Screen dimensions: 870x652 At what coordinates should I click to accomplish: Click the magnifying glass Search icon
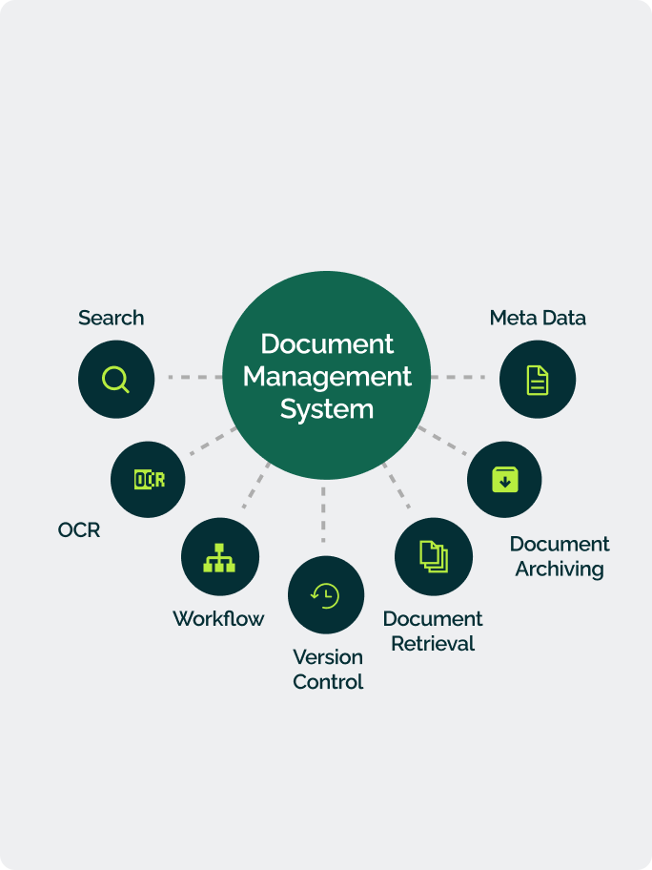coord(115,379)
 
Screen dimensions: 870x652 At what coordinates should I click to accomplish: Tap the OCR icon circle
coord(149,479)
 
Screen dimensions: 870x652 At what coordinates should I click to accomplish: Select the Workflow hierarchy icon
coord(220,557)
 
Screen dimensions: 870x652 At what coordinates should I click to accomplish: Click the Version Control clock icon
coord(326,595)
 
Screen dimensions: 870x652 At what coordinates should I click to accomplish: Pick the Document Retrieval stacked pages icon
coord(434,556)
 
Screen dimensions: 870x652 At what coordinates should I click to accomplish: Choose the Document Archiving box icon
coord(504,479)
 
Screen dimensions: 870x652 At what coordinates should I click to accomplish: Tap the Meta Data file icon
coord(538,379)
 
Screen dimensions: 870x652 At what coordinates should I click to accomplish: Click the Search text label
coord(112,318)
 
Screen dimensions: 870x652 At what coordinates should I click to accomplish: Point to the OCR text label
coord(79,529)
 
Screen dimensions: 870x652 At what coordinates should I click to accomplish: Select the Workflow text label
coord(218,618)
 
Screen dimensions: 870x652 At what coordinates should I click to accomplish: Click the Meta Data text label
coord(538,318)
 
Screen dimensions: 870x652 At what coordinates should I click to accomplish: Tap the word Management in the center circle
coord(327,376)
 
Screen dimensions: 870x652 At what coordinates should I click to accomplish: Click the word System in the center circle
coord(327,409)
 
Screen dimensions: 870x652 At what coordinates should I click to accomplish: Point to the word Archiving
coord(560,570)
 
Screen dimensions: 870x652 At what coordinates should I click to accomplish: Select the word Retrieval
coord(433,644)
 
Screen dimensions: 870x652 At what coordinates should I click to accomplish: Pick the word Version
coord(328,657)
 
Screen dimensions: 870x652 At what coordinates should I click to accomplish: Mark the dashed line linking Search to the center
coord(194,378)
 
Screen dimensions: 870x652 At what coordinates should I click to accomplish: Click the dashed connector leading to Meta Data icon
coord(458,378)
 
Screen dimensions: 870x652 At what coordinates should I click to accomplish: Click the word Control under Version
coord(328,682)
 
